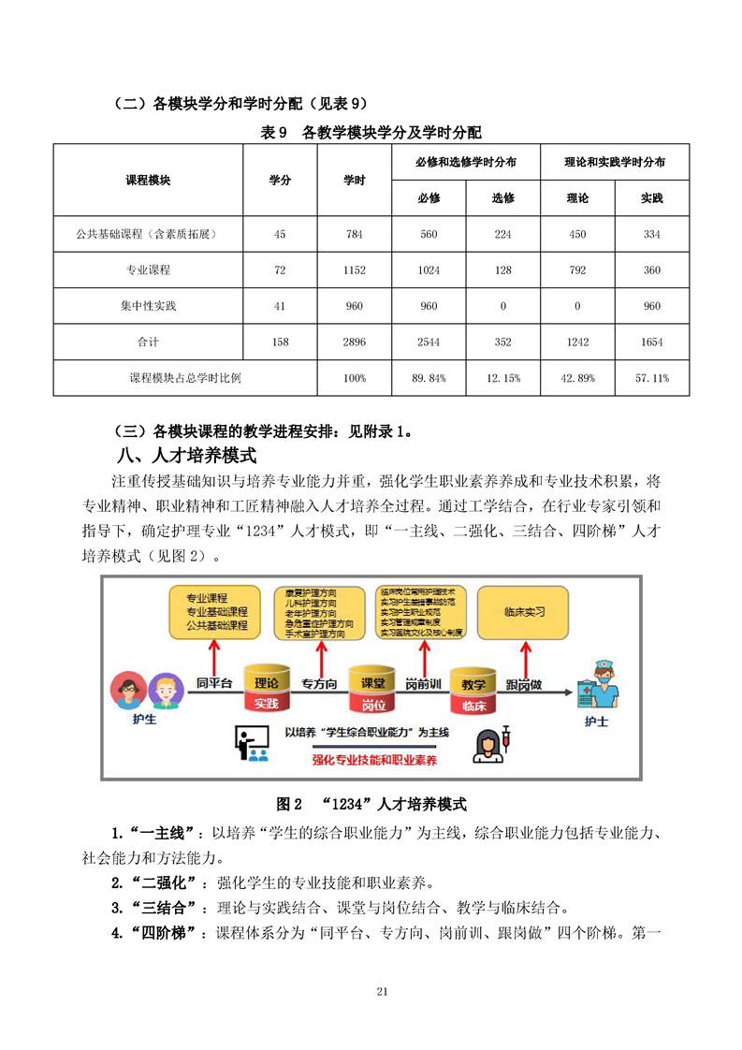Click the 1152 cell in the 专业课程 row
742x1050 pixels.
[x=354, y=270]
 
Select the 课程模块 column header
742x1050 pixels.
[x=148, y=180]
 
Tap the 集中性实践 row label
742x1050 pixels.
[x=148, y=306]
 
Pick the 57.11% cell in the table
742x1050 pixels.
[x=652, y=378]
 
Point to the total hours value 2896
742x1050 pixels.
[x=354, y=343]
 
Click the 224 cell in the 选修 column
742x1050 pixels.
[x=502, y=235]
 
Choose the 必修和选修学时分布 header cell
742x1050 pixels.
[x=466, y=162]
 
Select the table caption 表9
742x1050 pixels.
[x=371, y=133]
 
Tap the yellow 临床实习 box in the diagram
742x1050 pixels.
[x=524, y=612]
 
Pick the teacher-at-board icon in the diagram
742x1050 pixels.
[x=250, y=742]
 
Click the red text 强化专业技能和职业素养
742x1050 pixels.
[x=374, y=759]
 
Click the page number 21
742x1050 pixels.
[x=381, y=992]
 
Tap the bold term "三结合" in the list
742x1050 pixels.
[x=171, y=908]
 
